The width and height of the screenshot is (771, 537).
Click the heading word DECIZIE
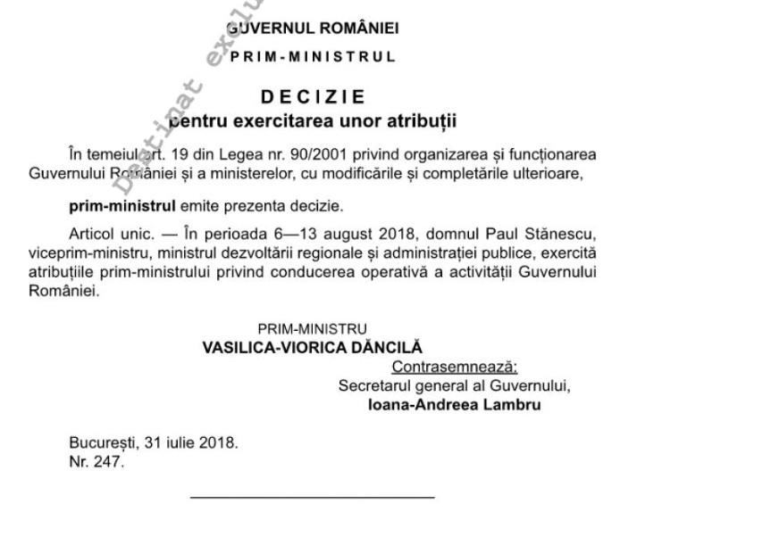coord(313,96)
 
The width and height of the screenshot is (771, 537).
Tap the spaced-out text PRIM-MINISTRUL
coord(313,56)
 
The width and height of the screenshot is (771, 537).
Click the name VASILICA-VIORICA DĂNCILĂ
coord(313,346)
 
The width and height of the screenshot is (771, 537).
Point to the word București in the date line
coord(101,442)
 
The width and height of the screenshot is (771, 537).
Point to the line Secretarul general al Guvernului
coord(455,385)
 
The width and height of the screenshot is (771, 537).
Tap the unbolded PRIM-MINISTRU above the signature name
coord(313,328)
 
